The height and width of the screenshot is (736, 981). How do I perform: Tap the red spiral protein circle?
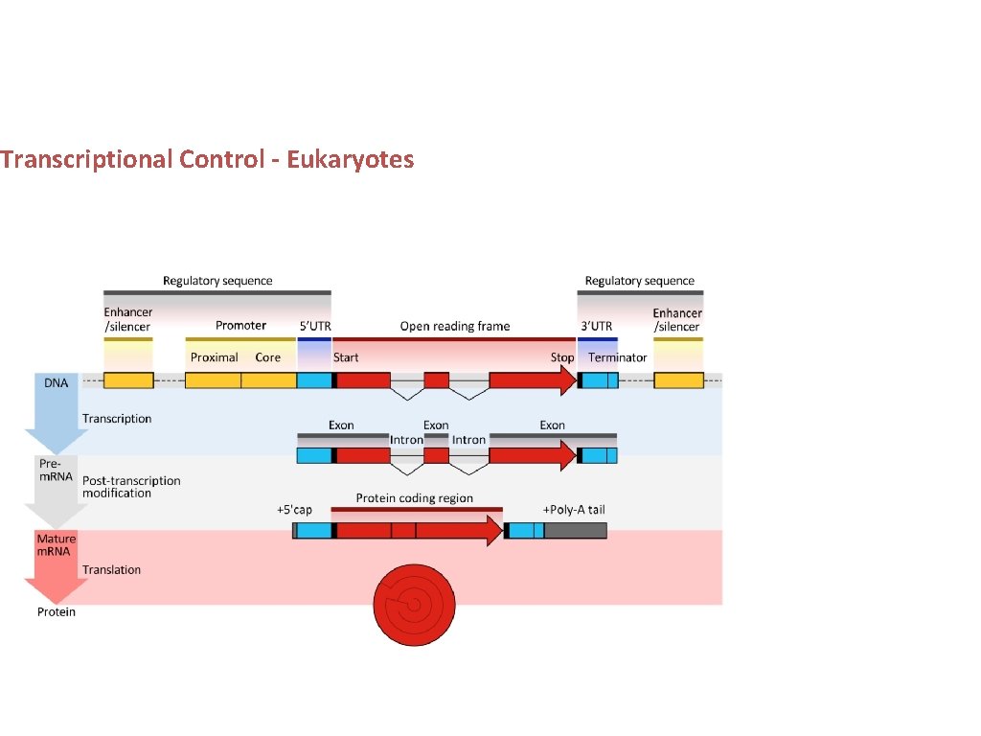click(414, 605)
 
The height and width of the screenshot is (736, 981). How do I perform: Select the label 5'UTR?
click(315, 326)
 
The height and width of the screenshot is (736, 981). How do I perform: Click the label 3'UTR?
click(597, 326)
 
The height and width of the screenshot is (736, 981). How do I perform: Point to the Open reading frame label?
click(455, 326)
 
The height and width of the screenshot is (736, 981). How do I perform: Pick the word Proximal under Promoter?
click(215, 357)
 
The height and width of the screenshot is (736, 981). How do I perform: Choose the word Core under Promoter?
click(268, 357)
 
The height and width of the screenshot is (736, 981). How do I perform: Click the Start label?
click(346, 357)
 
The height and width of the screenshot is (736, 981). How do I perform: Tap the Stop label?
click(562, 357)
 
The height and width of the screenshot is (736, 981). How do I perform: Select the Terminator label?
click(618, 357)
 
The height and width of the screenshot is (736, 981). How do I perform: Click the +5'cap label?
click(294, 510)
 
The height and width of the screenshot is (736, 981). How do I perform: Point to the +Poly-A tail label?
click(574, 510)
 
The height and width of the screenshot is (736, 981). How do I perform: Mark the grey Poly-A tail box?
click(576, 530)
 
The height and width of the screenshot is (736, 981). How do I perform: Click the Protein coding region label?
click(415, 498)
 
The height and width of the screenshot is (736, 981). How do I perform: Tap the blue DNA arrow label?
click(57, 382)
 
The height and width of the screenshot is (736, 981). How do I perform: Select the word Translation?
click(111, 570)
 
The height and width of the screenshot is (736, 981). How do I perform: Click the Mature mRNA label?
click(57, 545)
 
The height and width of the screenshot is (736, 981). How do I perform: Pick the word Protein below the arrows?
click(57, 612)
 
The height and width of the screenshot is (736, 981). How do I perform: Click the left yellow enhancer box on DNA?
click(128, 380)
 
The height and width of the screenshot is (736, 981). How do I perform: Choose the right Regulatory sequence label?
click(640, 281)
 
